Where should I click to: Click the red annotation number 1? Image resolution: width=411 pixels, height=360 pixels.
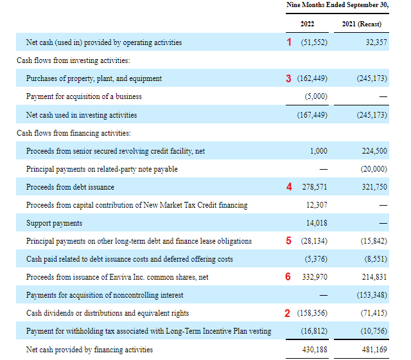pyautogui.click(x=289, y=42)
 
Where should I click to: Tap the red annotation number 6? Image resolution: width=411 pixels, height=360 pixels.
pyautogui.click(x=289, y=277)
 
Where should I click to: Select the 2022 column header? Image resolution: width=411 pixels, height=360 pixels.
pyautogui.click(x=307, y=24)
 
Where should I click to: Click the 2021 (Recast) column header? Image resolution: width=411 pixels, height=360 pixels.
pyautogui.click(x=363, y=24)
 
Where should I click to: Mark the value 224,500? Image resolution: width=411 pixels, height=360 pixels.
pyautogui.click(x=374, y=150)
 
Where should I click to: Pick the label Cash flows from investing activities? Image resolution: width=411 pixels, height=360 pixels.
pyautogui.click(x=73, y=60)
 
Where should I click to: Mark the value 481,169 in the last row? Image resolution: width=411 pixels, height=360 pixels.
pyautogui.click(x=374, y=350)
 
